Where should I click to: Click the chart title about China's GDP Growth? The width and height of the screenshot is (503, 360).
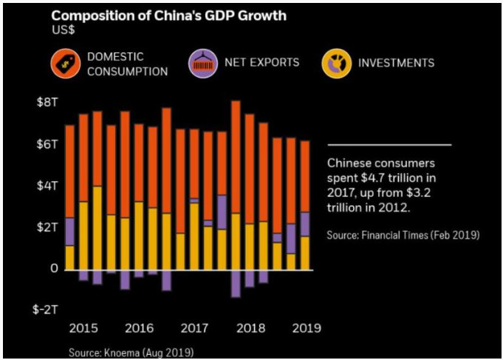tap(168, 16)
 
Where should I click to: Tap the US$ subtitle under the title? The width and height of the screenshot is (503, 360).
tap(64, 30)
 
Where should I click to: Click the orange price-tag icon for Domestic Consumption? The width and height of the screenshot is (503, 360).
tap(66, 64)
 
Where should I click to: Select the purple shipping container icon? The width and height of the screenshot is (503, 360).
tap(203, 64)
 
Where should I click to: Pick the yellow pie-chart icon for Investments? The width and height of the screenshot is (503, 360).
tap(337, 64)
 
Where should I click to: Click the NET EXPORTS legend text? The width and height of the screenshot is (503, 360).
tap(261, 62)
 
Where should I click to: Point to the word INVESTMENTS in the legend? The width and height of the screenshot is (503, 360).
tap(396, 63)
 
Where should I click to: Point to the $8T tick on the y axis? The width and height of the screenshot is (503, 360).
tap(47, 102)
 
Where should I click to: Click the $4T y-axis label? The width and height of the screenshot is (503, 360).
tap(47, 186)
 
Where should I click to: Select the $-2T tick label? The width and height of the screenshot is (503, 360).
tap(45, 310)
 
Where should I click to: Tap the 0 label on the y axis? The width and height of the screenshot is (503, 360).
tap(54, 268)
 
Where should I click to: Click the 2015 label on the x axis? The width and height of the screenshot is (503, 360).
tap(83, 328)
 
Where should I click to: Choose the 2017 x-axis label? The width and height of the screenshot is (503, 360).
tap(195, 328)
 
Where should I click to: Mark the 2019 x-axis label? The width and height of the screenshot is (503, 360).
tap(307, 328)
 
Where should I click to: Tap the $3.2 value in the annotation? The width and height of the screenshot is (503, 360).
tap(419, 193)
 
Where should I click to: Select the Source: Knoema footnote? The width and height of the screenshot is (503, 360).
tap(131, 353)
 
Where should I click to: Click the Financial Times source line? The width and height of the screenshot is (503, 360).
tap(403, 235)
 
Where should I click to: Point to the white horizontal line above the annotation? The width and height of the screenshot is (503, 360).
tap(389, 145)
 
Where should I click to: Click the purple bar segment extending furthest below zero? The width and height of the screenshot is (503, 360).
tap(236, 284)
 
